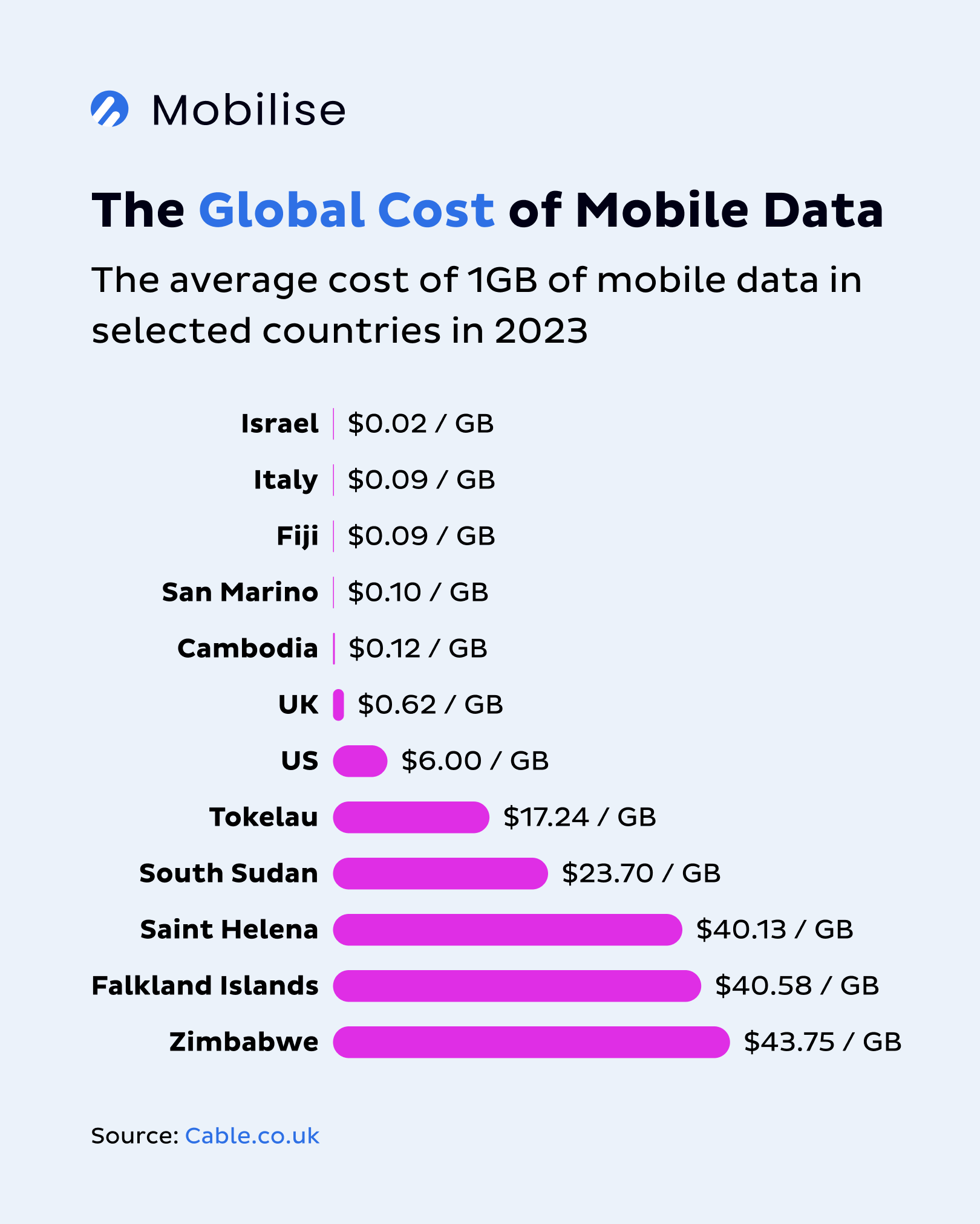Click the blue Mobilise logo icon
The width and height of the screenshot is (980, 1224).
(x=109, y=109)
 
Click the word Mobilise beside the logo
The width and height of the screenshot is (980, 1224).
(x=248, y=111)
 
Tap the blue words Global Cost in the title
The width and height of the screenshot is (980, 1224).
(x=347, y=210)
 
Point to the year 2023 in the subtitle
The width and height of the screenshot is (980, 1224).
(x=541, y=331)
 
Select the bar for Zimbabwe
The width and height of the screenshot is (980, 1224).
(x=531, y=1042)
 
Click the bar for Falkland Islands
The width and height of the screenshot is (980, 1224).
(x=517, y=986)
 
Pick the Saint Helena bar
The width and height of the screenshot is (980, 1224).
(x=507, y=930)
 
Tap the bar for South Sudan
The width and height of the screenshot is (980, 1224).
(x=440, y=873)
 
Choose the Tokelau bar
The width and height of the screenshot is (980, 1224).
(x=411, y=817)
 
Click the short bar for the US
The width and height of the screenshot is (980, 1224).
(x=360, y=761)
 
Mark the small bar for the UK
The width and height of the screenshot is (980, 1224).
(x=339, y=705)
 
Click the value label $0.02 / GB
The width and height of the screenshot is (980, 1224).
(x=420, y=424)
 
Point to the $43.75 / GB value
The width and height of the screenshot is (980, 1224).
(x=822, y=1042)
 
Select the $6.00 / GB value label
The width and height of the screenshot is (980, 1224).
(x=475, y=761)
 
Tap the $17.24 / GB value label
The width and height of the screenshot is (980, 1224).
(x=580, y=817)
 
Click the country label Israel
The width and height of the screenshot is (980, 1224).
(x=279, y=424)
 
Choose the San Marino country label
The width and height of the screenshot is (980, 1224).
(x=240, y=592)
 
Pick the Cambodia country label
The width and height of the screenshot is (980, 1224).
(x=247, y=649)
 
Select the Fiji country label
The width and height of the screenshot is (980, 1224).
(x=297, y=536)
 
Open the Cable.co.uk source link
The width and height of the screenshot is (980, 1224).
(x=252, y=1136)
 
